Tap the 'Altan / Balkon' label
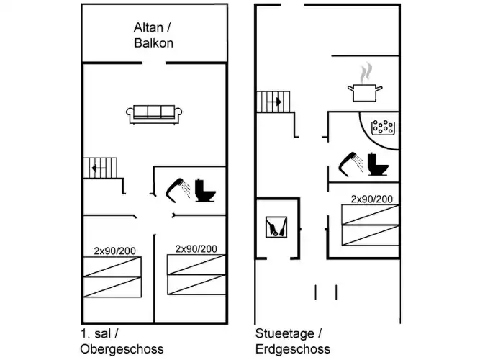[153, 35]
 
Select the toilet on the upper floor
[206, 191]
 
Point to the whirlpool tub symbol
[384, 128]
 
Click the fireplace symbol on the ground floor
[276, 228]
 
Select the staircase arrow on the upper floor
[94, 170]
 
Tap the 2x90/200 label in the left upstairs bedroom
[115, 251]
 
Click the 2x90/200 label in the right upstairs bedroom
[196, 248]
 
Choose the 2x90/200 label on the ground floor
[371, 199]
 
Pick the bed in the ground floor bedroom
[369, 224]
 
